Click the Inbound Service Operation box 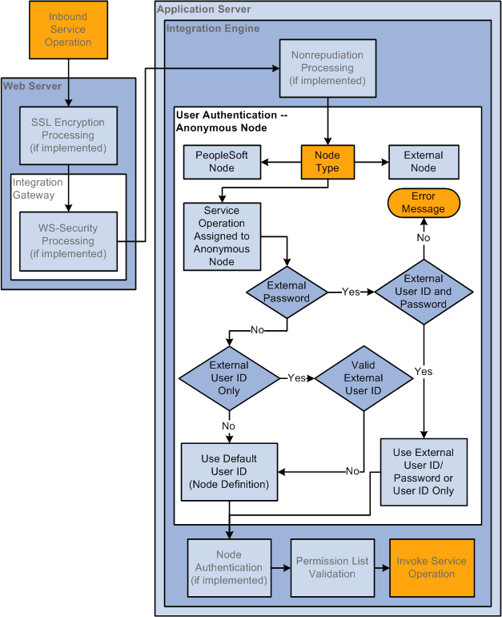coord(68,30)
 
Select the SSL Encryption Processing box coord(68,135)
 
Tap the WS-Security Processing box coord(68,241)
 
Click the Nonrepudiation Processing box coord(327,68)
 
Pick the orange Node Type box coord(327,162)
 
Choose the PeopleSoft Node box coord(222,162)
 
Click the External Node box coord(424,162)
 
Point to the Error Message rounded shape coord(424,203)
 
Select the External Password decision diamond coord(287,292)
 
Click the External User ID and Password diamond coord(424,292)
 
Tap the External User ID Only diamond coord(229,378)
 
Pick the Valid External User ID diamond coord(363,378)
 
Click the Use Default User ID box coord(229,472)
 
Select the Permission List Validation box coord(332,568)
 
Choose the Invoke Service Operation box coord(432,568)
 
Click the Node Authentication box coord(229,568)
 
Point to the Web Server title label coord(32,87)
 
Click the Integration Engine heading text coord(213,29)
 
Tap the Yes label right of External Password coord(351,292)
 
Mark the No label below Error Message coord(424,238)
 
